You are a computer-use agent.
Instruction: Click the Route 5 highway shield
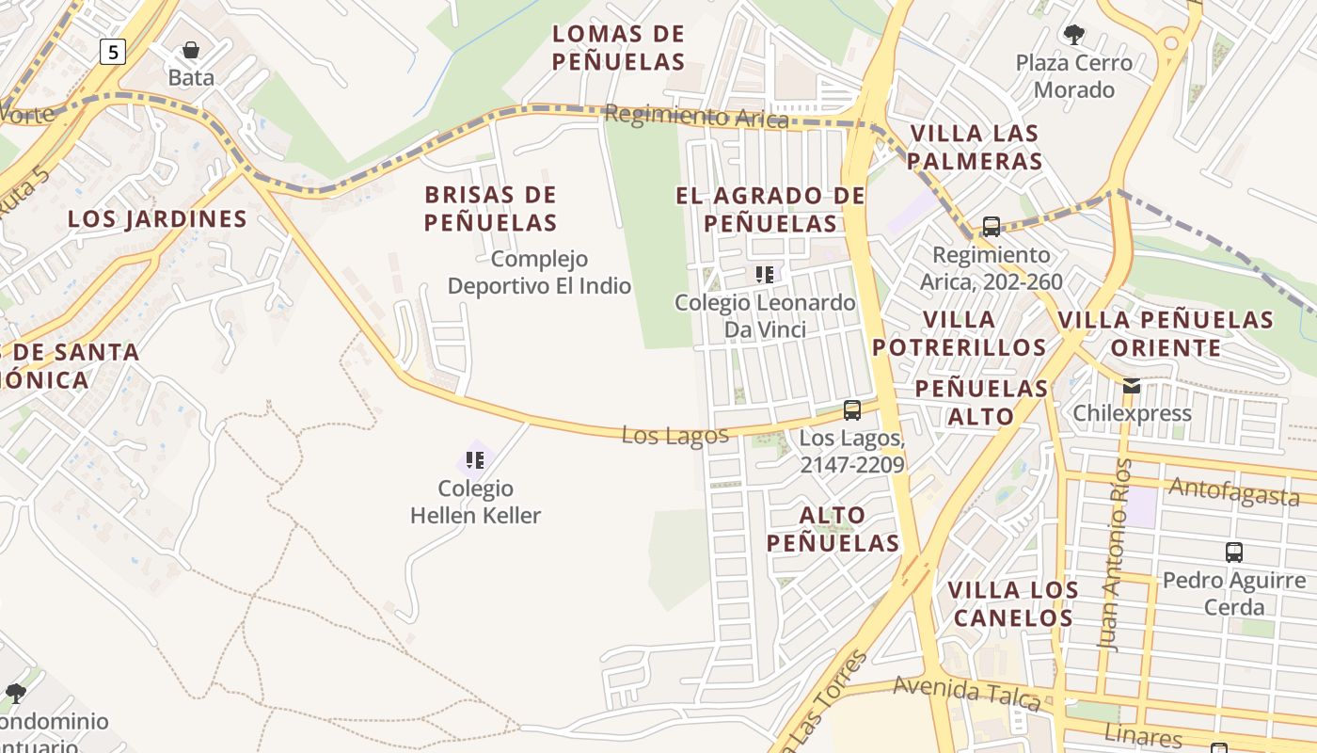pyautogui.click(x=112, y=52)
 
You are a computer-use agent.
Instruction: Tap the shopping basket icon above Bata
pyautogui.click(x=191, y=49)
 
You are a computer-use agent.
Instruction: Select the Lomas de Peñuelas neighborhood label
pyautogui.click(x=618, y=48)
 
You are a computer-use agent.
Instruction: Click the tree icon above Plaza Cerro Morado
pyautogui.click(x=1073, y=35)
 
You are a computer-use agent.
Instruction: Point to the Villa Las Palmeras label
pyautogui.click(x=975, y=147)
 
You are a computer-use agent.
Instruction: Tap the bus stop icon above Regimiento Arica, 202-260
pyautogui.click(x=991, y=226)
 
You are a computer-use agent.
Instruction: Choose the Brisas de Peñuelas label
pyautogui.click(x=490, y=209)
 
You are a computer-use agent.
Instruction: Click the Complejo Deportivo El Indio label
pyautogui.click(x=539, y=272)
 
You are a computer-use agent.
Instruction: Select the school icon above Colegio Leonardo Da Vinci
pyautogui.click(x=765, y=275)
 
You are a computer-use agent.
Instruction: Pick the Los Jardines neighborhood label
pyautogui.click(x=157, y=219)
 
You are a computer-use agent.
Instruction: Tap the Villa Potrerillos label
pyautogui.click(x=959, y=333)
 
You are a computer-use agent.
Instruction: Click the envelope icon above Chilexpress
pyautogui.click(x=1131, y=385)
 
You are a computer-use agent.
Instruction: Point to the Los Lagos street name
pyautogui.click(x=674, y=435)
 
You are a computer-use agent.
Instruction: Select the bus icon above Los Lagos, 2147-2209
pyautogui.click(x=852, y=410)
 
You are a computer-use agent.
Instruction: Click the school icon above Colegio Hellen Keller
pyautogui.click(x=475, y=460)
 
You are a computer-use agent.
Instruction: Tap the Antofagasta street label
pyautogui.click(x=1232, y=490)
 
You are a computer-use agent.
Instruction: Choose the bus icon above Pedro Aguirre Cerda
pyautogui.click(x=1234, y=553)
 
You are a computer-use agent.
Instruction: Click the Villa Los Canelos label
pyautogui.click(x=1012, y=604)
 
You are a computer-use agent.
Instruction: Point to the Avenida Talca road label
pyautogui.click(x=966, y=693)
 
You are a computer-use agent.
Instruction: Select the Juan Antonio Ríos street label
pyautogui.click(x=1112, y=555)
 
